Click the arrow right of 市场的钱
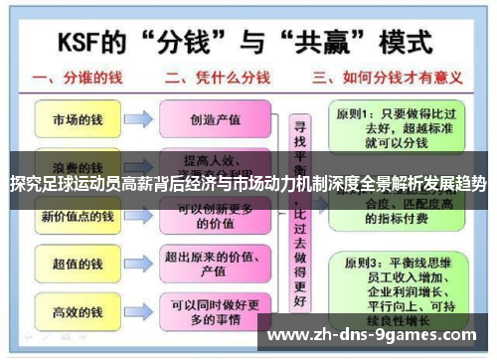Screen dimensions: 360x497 pyautogui.click(x=138, y=120)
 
